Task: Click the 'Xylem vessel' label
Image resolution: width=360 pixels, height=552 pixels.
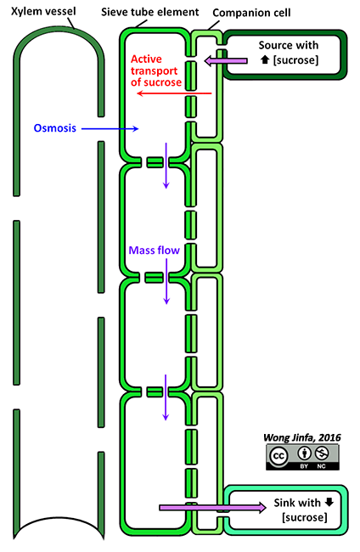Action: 43,11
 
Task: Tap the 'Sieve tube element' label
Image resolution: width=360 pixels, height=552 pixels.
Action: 150,13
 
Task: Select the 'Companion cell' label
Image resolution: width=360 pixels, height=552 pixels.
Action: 251,13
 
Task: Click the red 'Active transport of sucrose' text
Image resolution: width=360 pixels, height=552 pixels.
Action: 156,70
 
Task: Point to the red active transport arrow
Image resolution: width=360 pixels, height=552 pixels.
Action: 174,93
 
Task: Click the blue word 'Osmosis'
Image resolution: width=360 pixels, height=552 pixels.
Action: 55,127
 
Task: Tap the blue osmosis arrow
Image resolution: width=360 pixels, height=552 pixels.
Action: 110,129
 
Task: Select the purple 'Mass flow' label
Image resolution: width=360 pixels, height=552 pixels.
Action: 155,251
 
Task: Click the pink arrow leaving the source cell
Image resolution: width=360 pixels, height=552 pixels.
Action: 226,61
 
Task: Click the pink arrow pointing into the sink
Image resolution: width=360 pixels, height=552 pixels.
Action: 212,508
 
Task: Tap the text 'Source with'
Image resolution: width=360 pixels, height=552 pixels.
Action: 289,45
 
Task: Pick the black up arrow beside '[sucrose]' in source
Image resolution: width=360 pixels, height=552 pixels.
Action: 265,59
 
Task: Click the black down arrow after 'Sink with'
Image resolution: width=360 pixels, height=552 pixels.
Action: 329,502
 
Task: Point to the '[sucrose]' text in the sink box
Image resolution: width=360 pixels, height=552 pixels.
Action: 305,517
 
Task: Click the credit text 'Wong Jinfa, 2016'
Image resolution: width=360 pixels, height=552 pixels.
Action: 302,437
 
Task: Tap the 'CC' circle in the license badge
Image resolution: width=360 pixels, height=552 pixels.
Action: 278,456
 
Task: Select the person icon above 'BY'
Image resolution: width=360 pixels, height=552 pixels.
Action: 305,453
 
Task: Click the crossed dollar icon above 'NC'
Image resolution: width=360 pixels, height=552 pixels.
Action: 322,453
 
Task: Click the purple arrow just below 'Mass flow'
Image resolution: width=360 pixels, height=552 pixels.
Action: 166,281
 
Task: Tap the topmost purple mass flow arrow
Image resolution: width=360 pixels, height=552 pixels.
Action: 166,166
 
